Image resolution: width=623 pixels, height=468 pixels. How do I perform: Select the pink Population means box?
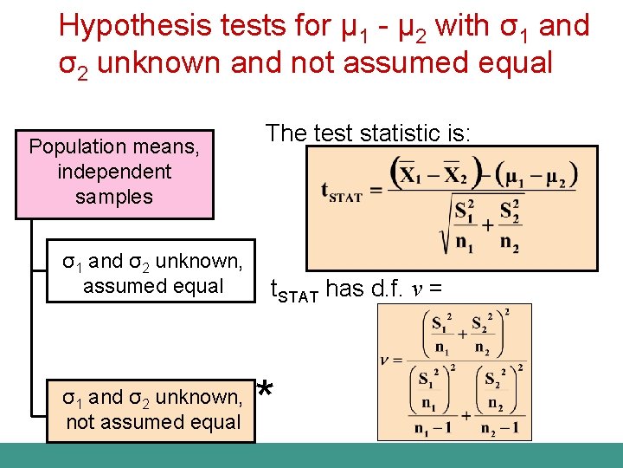pos(114,172)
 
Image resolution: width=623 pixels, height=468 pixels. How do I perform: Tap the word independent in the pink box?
pos(114,172)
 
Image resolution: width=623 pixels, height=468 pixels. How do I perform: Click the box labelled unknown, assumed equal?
pos(152,273)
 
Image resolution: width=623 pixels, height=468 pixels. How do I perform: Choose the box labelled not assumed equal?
pos(152,409)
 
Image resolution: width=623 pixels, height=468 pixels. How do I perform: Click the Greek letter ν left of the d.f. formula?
pos(386,360)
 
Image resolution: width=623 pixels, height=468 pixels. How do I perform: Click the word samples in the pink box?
pos(114,197)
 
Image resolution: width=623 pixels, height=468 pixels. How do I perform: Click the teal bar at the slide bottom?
pos(311,455)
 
